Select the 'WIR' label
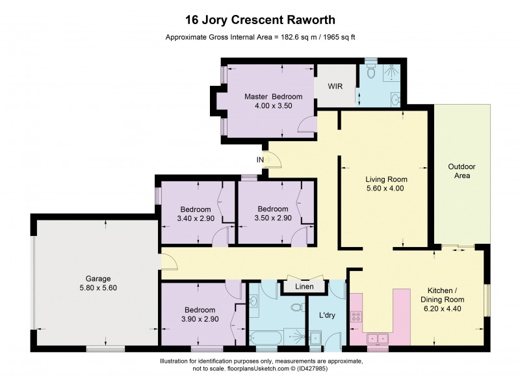coord(335,86)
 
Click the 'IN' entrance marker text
coord(260,159)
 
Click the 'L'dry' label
coord(328,315)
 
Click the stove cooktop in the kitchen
coord(357,318)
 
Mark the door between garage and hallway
coord(168,262)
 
